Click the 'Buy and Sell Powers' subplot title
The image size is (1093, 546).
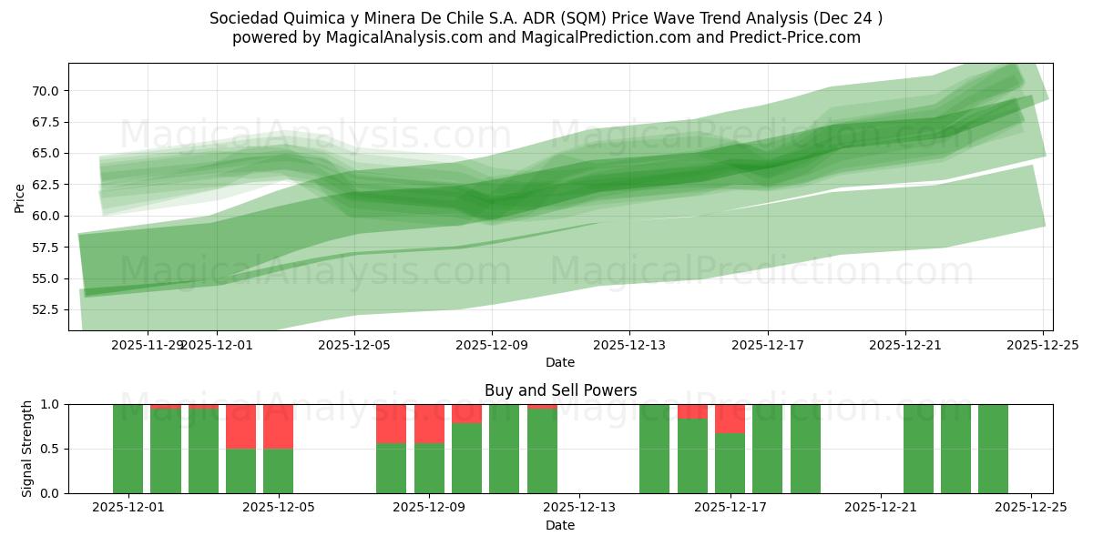(560, 390)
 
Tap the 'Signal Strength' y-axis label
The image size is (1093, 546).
(27, 449)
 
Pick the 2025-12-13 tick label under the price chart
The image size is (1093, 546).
(629, 345)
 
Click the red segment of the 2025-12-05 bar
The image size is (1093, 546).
(279, 426)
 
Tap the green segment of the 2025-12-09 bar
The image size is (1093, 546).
(429, 468)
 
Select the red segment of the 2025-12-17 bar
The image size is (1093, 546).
(730, 419)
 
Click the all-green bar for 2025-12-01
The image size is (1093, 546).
(128, 449)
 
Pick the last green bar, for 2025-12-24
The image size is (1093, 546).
(993, 449)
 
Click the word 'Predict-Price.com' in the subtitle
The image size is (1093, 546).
(798, 37)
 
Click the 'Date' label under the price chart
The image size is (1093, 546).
(560, 362)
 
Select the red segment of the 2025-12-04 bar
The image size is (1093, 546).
(240, 426)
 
